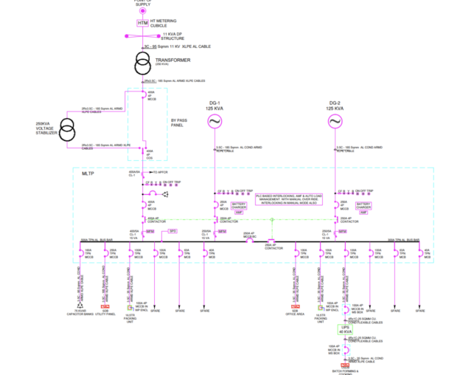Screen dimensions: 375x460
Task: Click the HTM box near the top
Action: (142, 24)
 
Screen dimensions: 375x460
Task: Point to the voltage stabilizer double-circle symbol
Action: (67, 131)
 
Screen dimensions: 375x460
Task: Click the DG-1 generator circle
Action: (214, 121)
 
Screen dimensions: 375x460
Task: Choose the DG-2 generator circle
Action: (335, 121)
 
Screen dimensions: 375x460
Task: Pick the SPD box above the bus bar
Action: (173, 231)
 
